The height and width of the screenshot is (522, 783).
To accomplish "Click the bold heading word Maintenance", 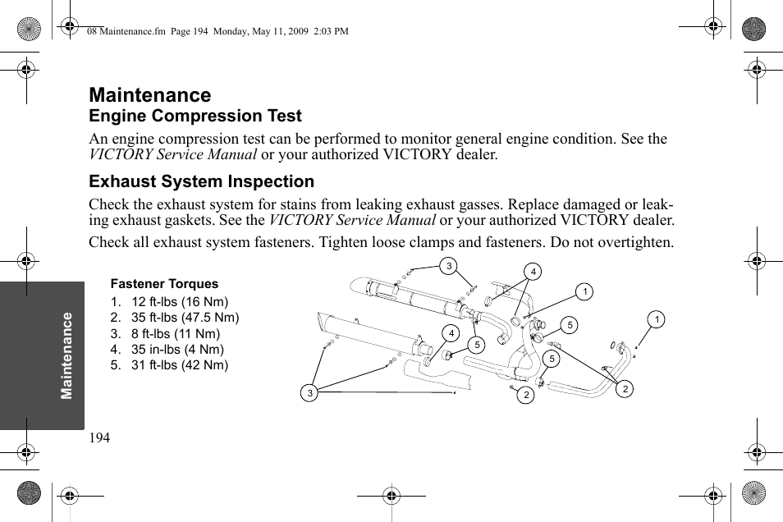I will pyautogui.click(x=149, y=95).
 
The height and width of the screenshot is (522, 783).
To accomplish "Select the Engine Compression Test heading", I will pyautogui.click(x=195, y=116).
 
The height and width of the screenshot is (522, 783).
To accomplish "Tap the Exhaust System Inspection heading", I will pyautogui.click(x=201, y=181).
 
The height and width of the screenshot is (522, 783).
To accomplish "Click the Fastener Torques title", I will pyautogui.click(x=164, y=284).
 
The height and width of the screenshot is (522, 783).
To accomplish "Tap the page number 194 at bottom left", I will pyautogui.click(x=99, y=438).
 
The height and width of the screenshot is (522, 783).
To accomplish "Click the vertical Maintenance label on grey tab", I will pyautogui.click(x=67, y=355).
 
